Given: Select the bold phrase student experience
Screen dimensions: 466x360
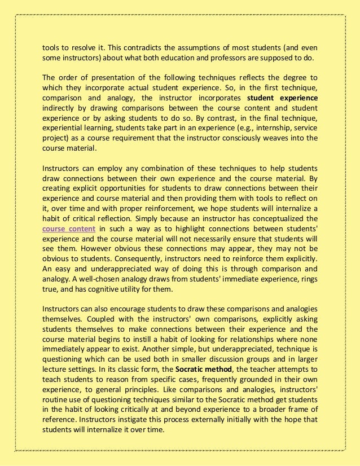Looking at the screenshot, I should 283,98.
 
